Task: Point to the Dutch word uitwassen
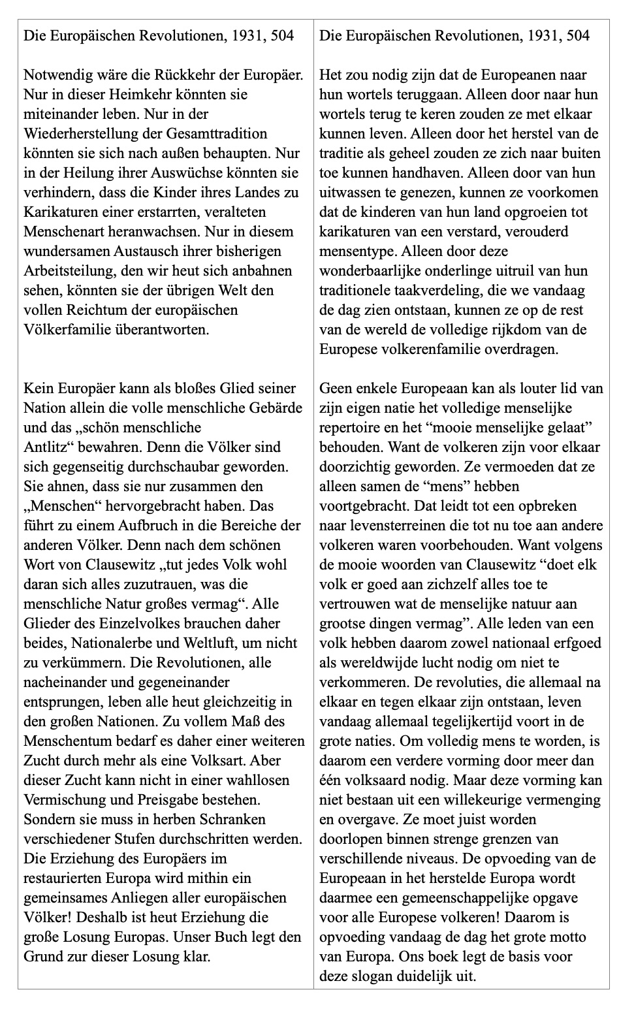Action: coord(351,192)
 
